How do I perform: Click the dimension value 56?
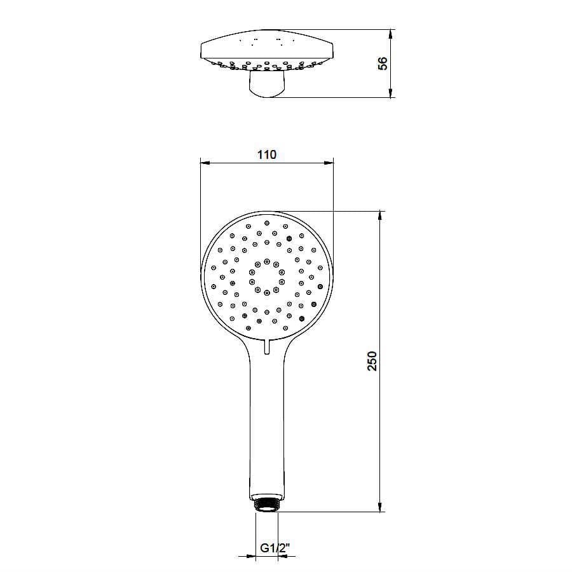click(382, 64)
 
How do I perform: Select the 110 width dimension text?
click(267, 154)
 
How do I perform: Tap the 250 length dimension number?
click(373, 360)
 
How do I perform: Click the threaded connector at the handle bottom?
click(267, 503)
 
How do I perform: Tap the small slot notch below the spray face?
click(267, 347)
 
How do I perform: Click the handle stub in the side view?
click(267, 85)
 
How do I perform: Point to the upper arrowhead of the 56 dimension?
click(391, 32)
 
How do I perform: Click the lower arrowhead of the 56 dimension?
click(391, 94)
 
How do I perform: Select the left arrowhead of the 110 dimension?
click(204, 163)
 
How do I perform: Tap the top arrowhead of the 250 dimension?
click(381, 215)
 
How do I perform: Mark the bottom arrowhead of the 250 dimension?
click(381, 508)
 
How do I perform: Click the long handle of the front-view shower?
click(267, 426)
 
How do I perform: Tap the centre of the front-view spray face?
click(267, 277)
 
